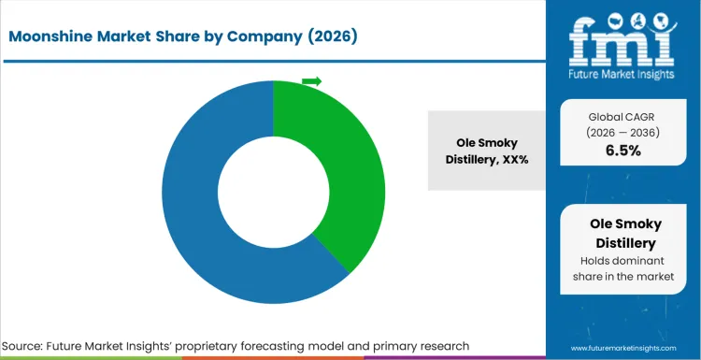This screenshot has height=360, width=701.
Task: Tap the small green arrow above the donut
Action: coord(311,81)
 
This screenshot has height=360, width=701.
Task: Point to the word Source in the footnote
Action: coord(30,347)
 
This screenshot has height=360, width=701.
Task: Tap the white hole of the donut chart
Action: coord(273,192)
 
